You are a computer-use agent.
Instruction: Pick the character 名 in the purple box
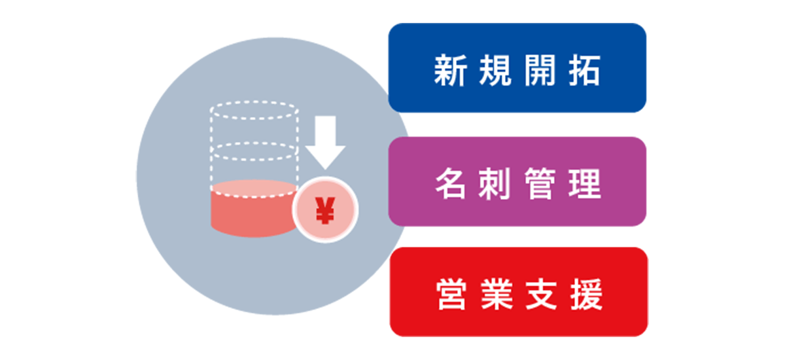pos(451,185)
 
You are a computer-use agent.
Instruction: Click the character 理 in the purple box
pos(584,185)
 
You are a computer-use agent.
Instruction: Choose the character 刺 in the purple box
pos(495,185)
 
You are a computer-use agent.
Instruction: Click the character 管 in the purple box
pos(540,185)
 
